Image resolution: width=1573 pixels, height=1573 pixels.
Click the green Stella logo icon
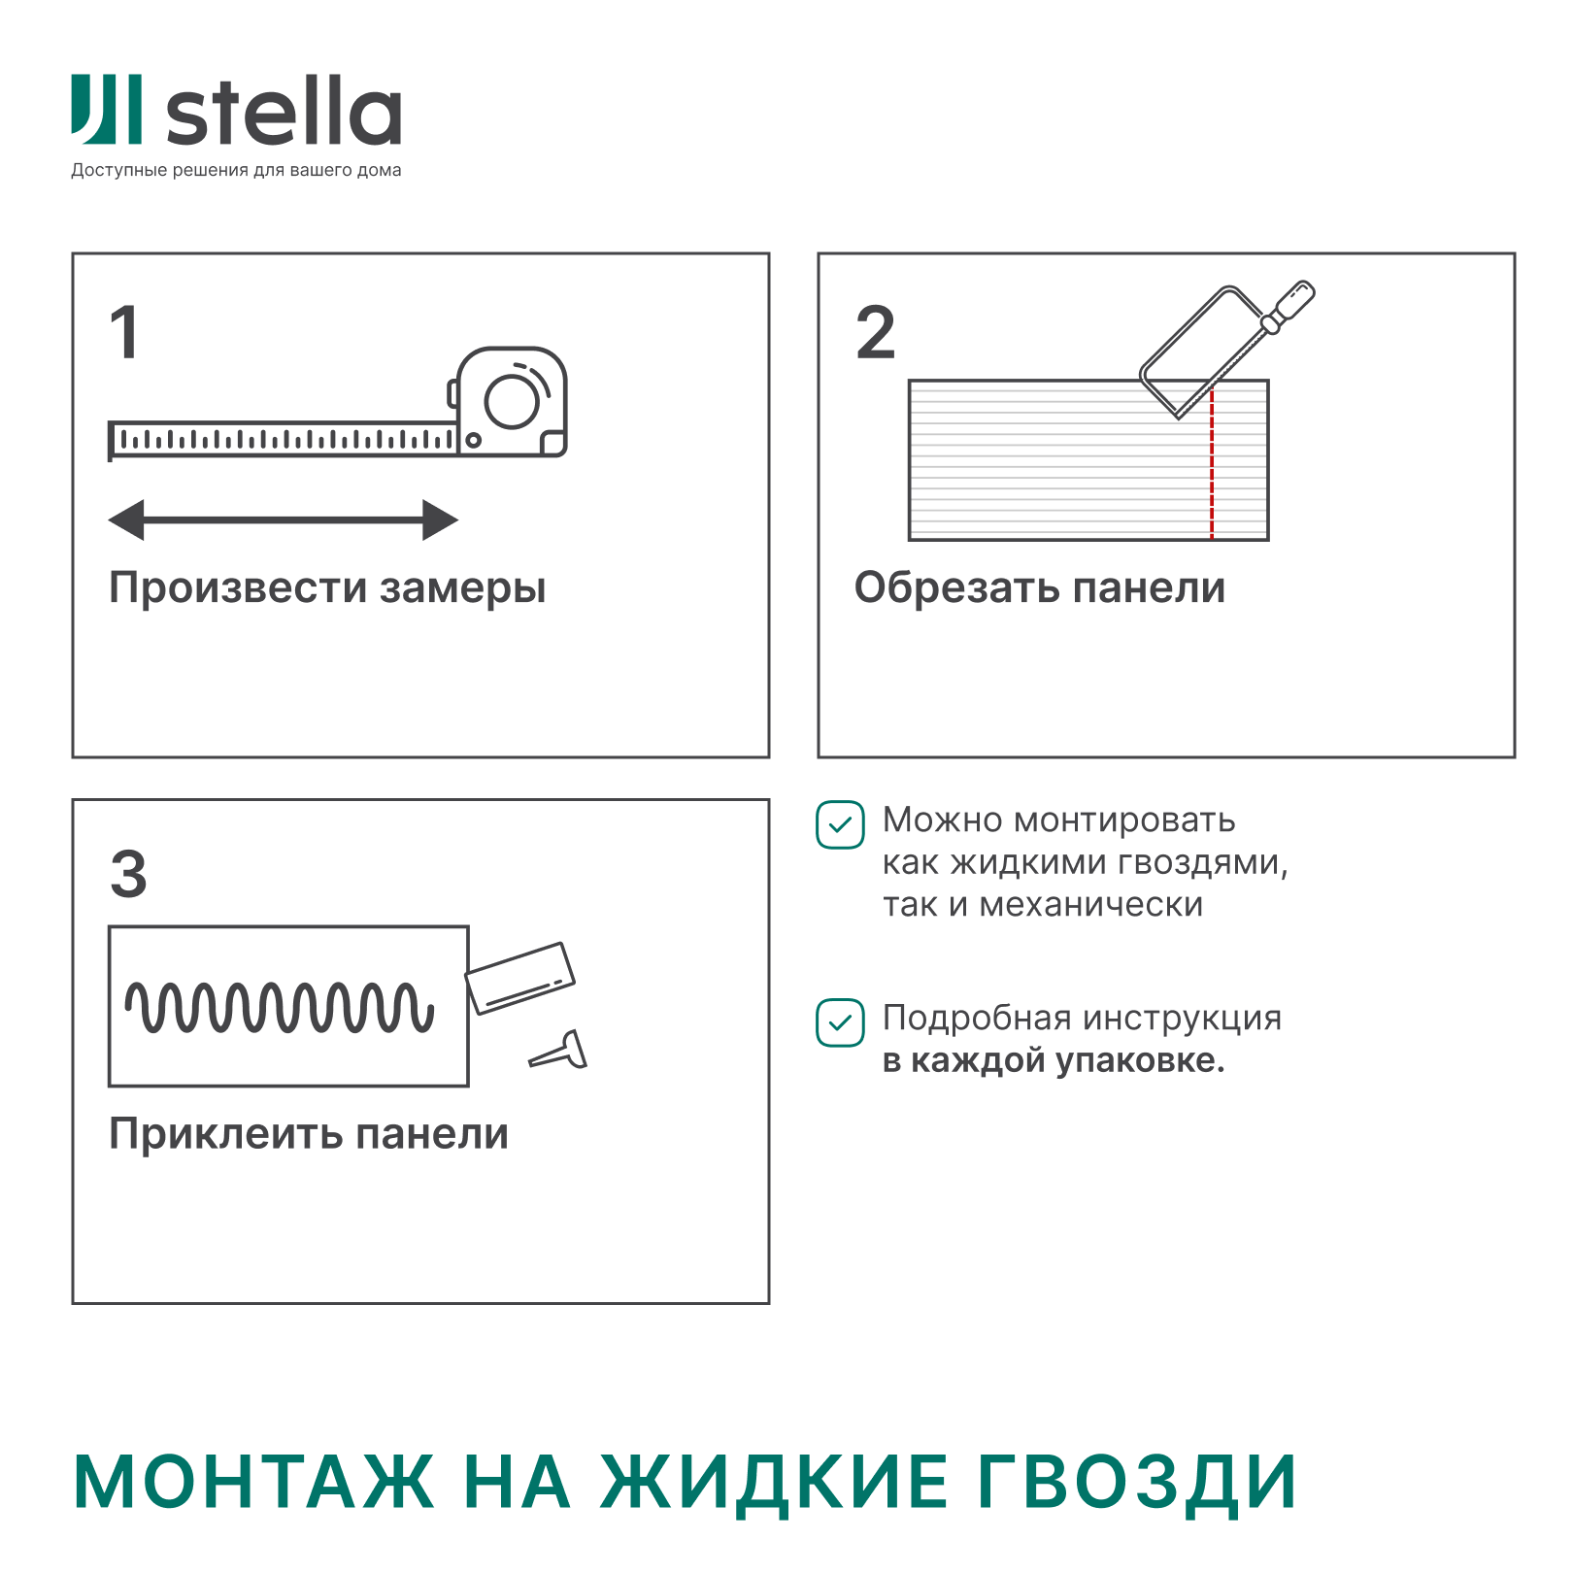107,109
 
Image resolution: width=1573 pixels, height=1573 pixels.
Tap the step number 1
125,332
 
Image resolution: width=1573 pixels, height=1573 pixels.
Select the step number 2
875,332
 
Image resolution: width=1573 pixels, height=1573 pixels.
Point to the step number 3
128,873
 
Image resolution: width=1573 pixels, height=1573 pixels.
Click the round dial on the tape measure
512,401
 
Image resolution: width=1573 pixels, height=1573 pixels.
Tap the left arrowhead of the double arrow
126,519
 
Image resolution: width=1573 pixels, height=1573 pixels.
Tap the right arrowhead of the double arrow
440,519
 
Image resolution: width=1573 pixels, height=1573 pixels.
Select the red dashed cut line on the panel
1212,463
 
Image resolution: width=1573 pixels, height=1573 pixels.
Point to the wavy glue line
280,1006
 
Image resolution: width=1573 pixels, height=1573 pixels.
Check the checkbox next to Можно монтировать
840,825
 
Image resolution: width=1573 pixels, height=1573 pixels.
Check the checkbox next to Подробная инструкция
840,1022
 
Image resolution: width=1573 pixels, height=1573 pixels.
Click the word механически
1091,905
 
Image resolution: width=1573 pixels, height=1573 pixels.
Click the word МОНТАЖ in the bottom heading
254,1483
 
